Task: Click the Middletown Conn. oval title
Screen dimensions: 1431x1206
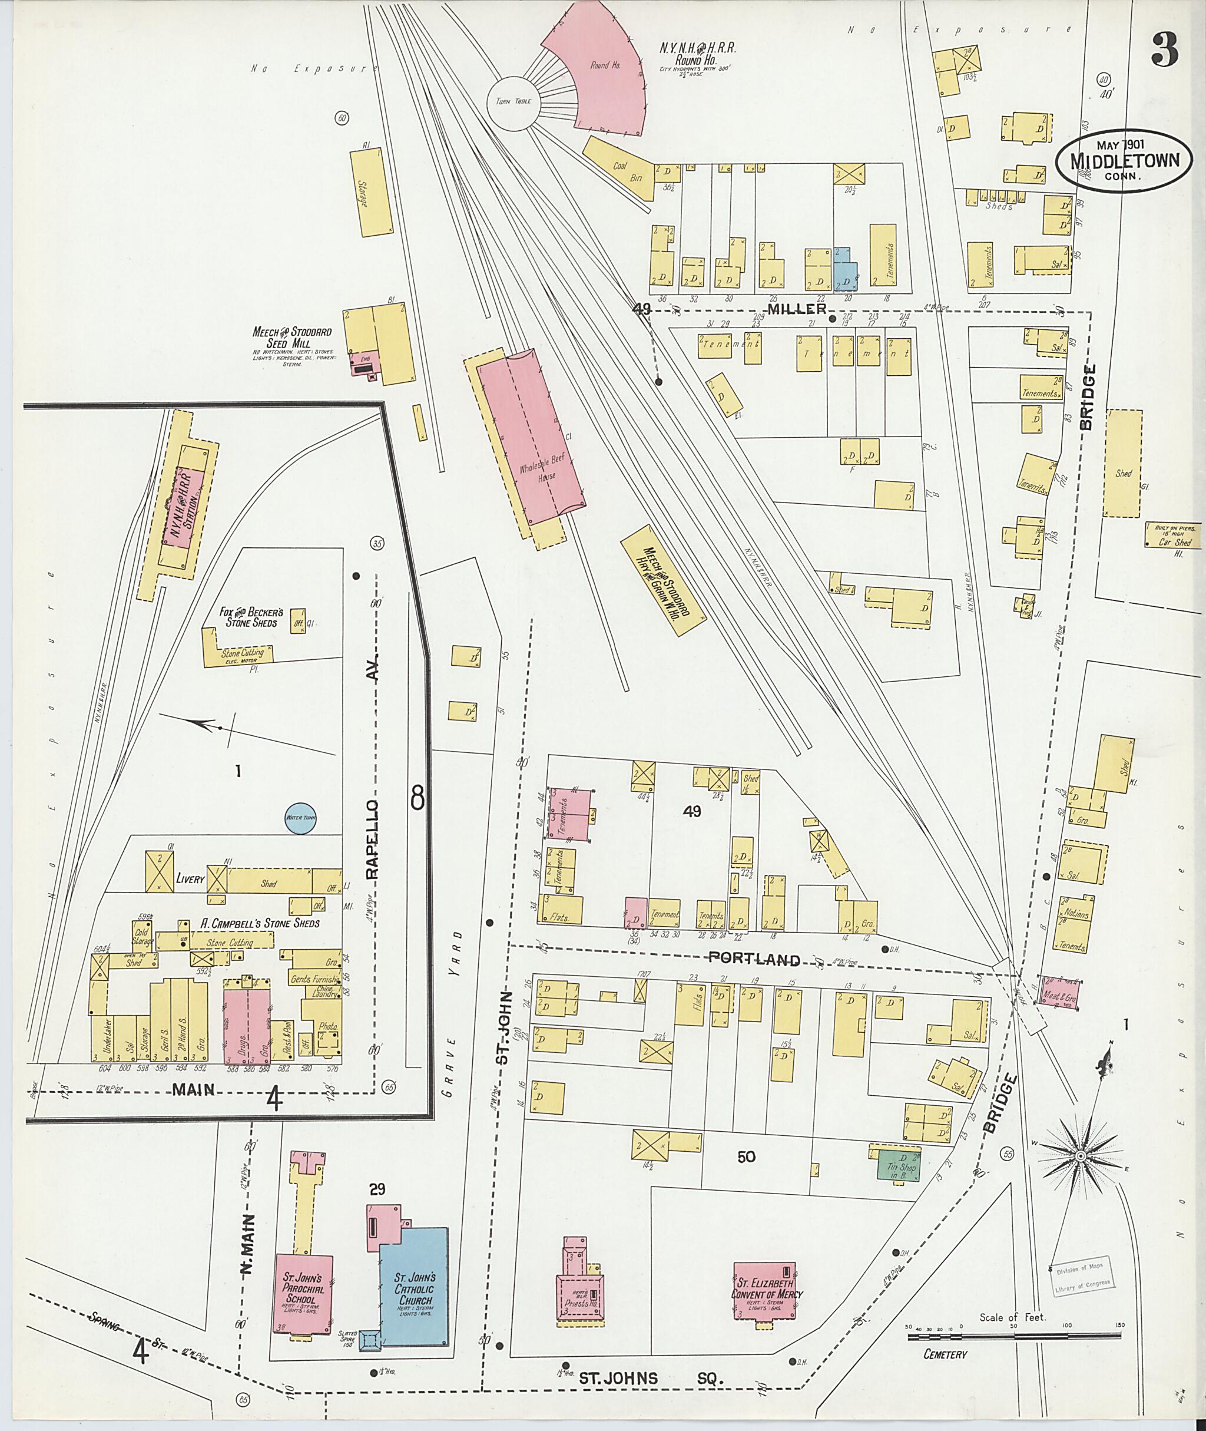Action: point(1125,161)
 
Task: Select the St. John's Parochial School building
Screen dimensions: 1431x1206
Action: point(303,1293)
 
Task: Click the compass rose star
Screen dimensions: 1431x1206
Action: point(1081,1156)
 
